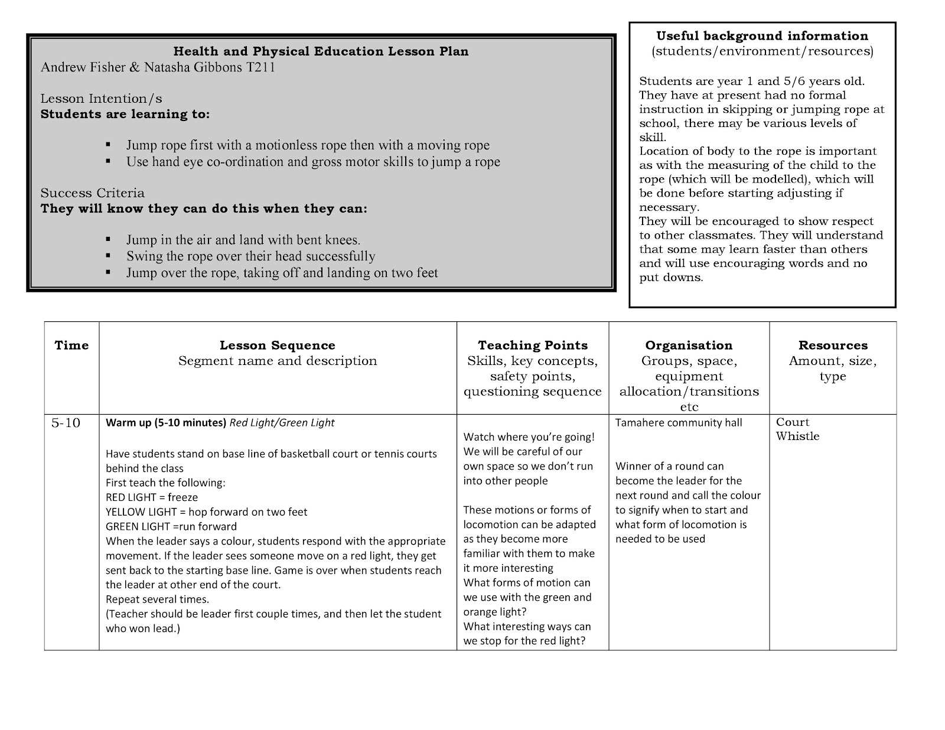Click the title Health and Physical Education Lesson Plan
[x=321, y=51]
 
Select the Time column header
[x=71, y=346]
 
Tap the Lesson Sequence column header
[x=277, y=346]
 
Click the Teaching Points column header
[x=533, y=346]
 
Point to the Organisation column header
[x=689, y=346]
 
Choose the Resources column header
[x=833, y=346]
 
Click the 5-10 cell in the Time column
[x=66, y=423]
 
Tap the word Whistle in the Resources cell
[x=797, y=436]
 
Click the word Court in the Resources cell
[x=793, y=422]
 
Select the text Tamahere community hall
[x=679, y=423]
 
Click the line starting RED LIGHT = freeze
[x=152, y=497]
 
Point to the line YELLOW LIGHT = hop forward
[x=206, y=512]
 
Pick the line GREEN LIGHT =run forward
[x=171, y=526]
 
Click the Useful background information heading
[x=762, y=36]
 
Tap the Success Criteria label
[x=92, y=193]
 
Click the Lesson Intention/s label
[x=101, y=99]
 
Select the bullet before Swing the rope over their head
[x=108, y=256]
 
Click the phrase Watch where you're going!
[x=529, y=437]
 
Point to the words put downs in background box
[x=671, y=278]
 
